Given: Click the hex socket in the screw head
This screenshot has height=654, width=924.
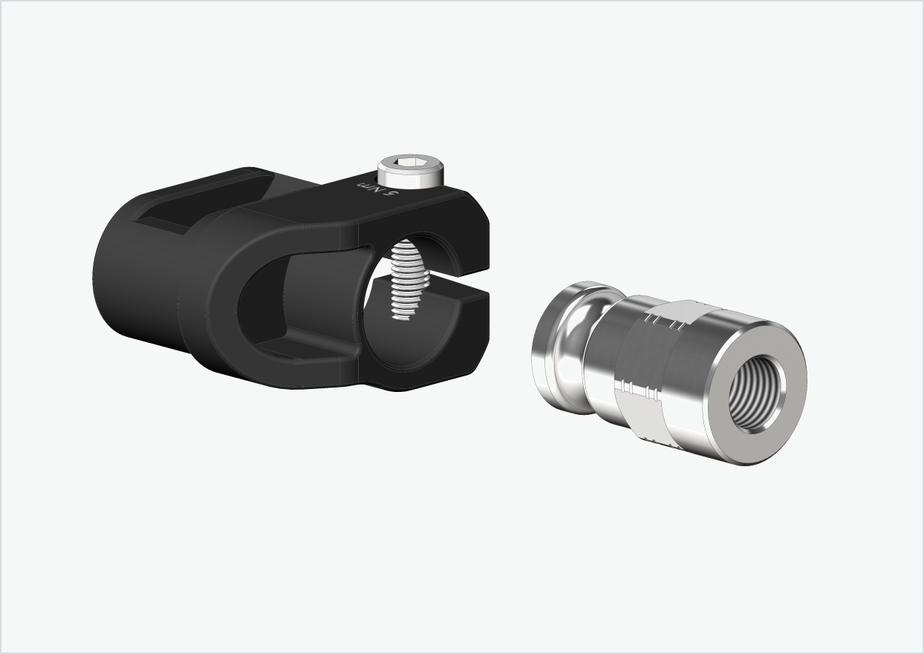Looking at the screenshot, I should click(410, 163).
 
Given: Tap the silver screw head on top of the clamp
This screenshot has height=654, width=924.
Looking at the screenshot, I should click(410, 172).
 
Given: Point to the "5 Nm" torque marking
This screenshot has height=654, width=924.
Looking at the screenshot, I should click(378, 188).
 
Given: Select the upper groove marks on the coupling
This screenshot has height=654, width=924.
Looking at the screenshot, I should click(664, 321).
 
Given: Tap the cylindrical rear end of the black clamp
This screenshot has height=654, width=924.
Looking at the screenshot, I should click(134, 282).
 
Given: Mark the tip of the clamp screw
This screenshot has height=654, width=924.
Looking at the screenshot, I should click(401, 317).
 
